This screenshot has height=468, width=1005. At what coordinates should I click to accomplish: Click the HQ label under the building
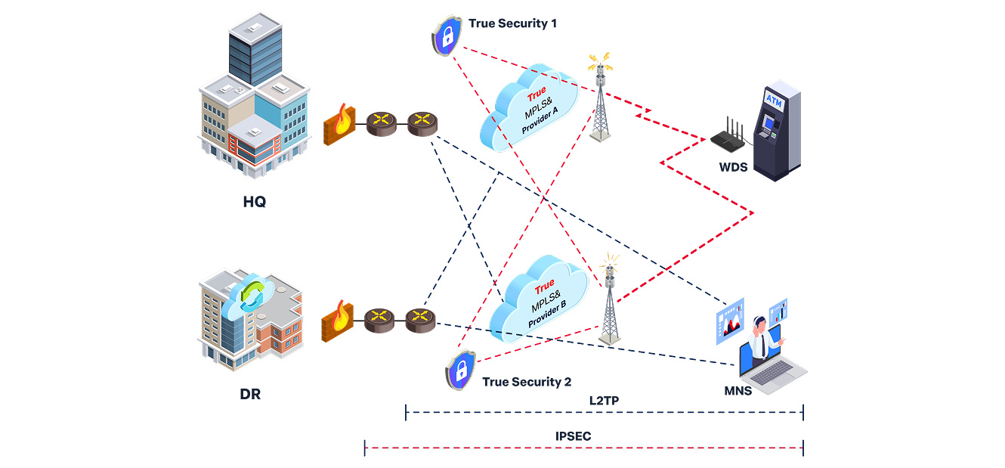pyautogui.click(x=254, y=203)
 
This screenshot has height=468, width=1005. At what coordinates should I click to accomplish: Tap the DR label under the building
pyautogui.click(x=250, y=395)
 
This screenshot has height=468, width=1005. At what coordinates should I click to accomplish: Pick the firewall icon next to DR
pyautogui.click(x=338, y=321)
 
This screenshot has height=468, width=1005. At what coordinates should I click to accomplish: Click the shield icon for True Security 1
pyautogui.click(x=447, y=35)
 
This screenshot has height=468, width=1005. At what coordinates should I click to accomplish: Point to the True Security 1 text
pyautogui.click(x=512, y=23)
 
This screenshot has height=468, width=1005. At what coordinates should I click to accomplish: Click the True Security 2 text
pyautogui.click(x=527, y=382)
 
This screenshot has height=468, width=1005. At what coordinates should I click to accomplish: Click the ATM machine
pyautogui.click(x=777, y=130)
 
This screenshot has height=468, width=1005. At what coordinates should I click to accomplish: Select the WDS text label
pyautogui.click(x=733, y=168)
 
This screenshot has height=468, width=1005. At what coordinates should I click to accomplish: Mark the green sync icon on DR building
pyautogui.click(x=252, y=296)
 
